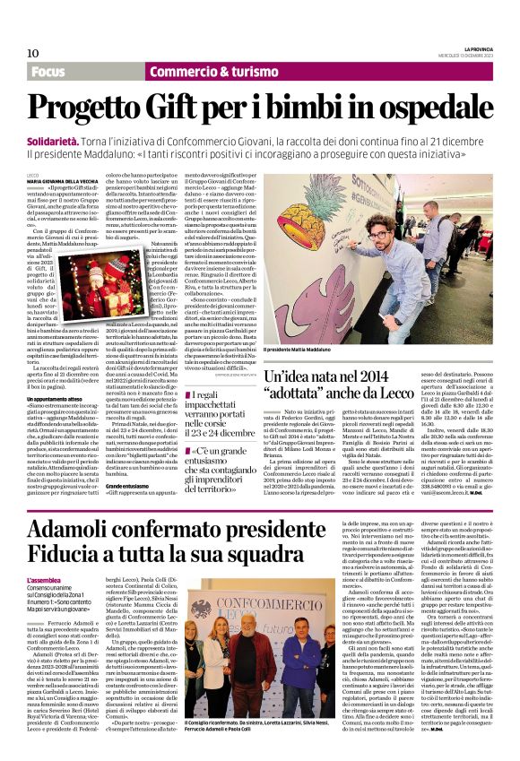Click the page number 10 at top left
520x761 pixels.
point(33,53)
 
